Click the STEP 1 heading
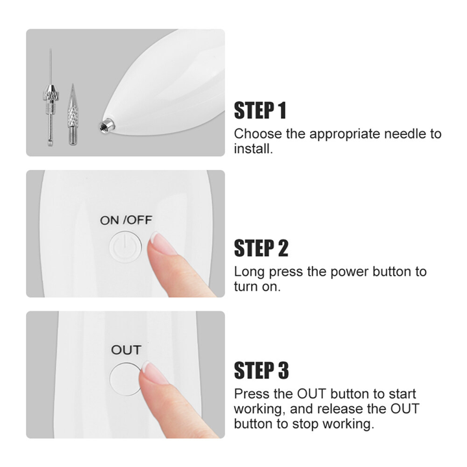pos(260,110)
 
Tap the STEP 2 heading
pos(261,248)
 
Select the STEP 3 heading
pos(261,370)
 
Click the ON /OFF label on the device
pos(126,221)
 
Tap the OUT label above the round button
pos(126,350)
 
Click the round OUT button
pos(126,379)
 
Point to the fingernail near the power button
pos(161,243)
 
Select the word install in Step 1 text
pos(253,149)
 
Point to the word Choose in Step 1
pos(258,134)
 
